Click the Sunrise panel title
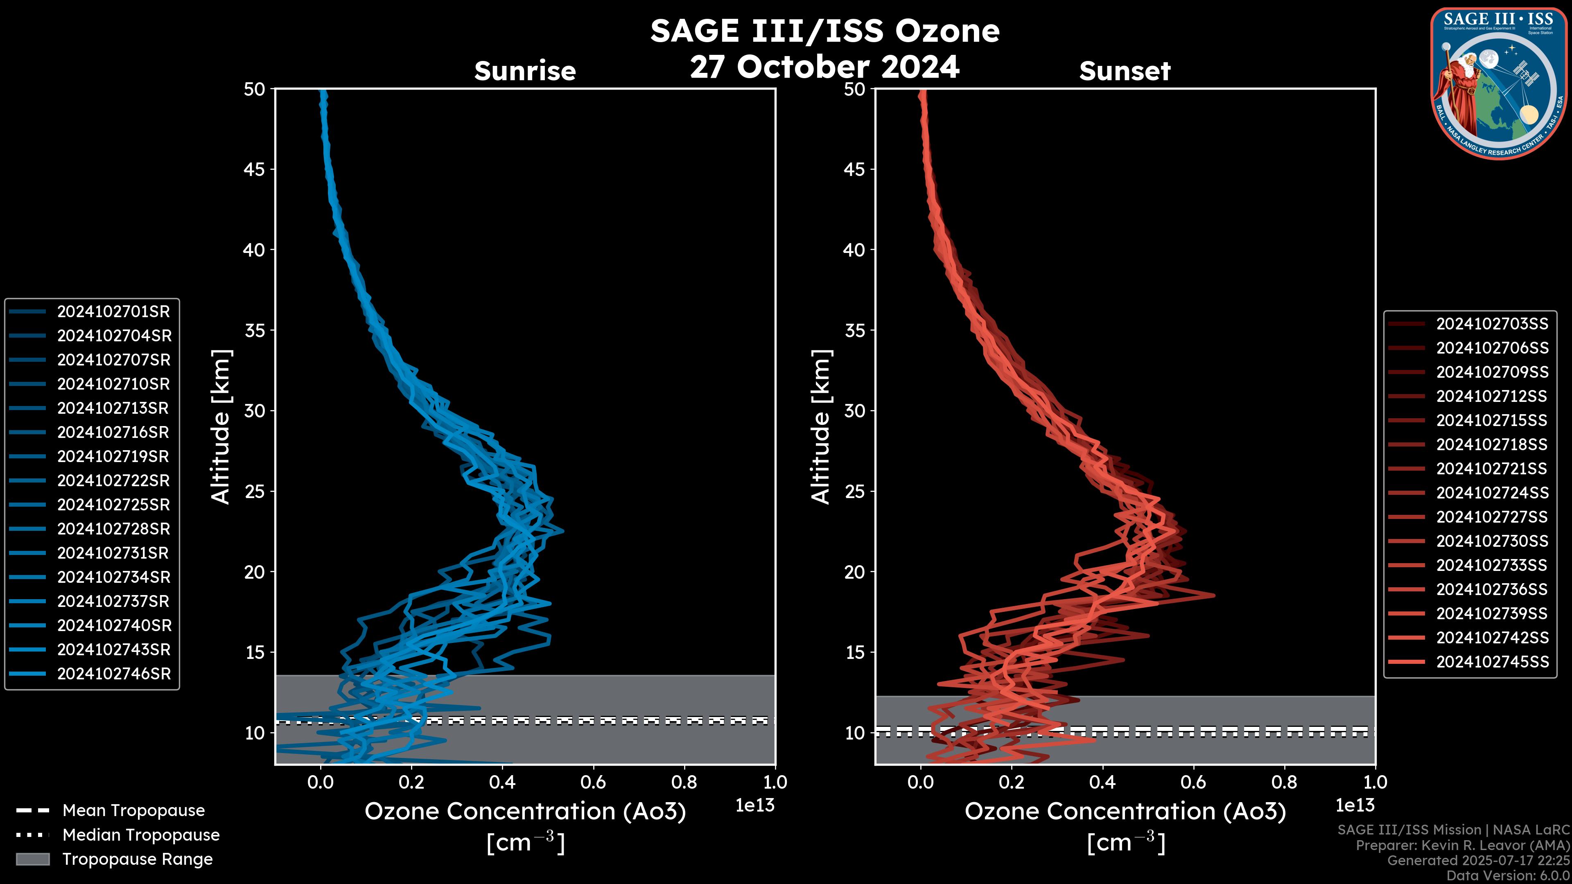[525, 71]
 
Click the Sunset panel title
[1125, 71]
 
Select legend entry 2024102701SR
[113, 312]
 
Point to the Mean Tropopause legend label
[133, 811]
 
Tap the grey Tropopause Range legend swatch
[32, 859]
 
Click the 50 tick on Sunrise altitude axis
[255, 90]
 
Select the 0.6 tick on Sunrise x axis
[593, 782]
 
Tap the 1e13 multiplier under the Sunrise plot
[755, 806]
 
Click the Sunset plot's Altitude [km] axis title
[821, 427]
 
